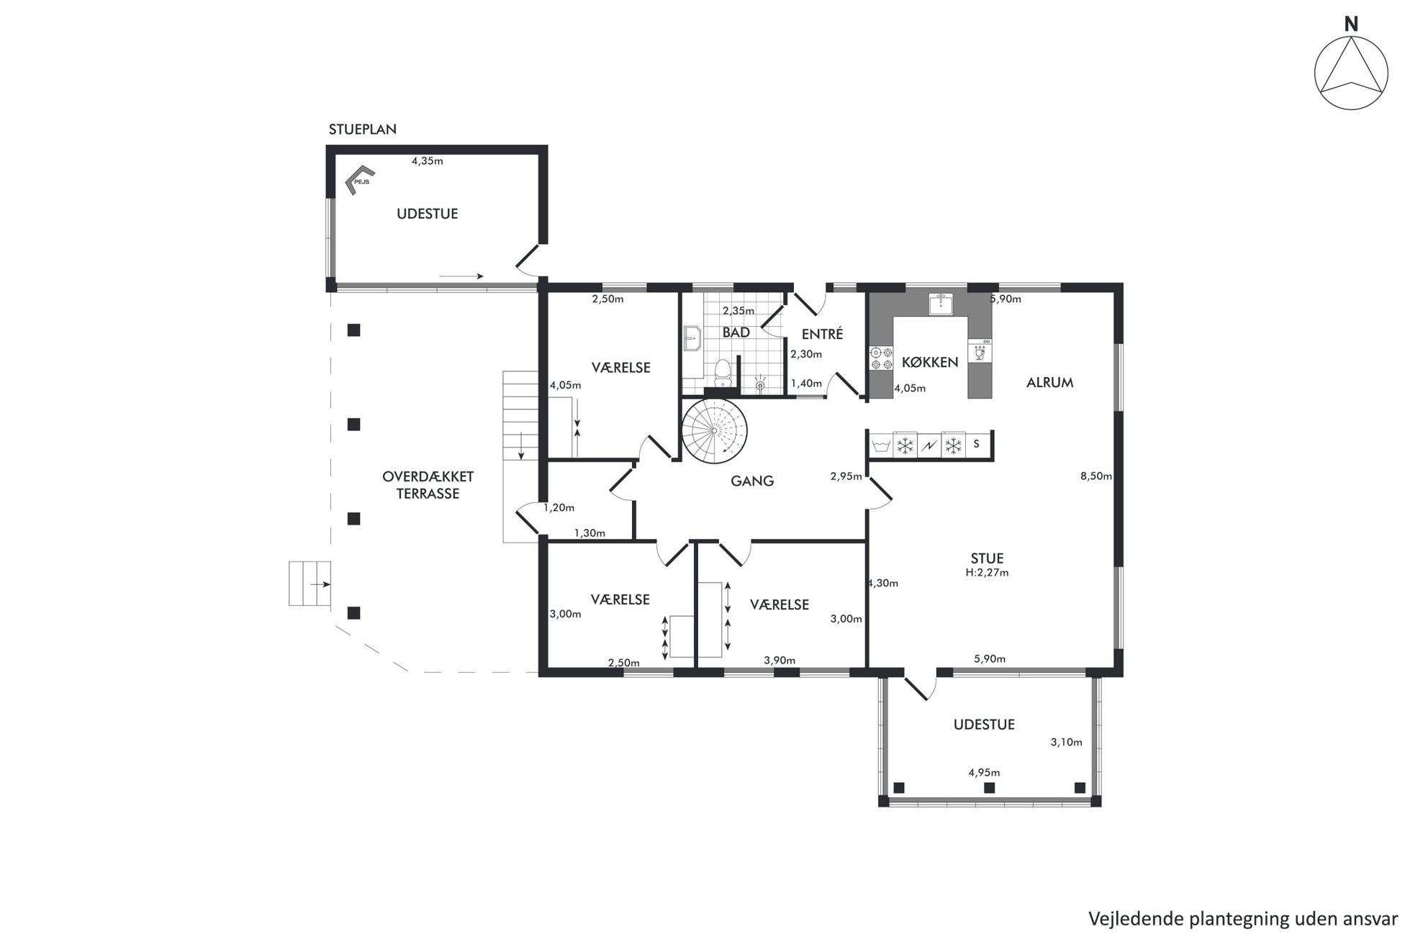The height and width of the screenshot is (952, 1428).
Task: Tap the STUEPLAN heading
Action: (x=363, y=130)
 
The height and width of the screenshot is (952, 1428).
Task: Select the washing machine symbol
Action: (x=881, y=445)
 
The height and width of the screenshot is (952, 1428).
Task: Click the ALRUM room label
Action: (x=1049, y=383)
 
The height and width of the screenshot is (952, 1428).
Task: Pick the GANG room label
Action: (x=752, y=481)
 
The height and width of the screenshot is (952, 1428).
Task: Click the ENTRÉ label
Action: (x=822, y=334)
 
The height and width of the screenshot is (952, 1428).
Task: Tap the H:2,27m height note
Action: (x=987, y=573)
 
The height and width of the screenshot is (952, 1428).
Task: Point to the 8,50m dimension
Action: (x=1096, y=476)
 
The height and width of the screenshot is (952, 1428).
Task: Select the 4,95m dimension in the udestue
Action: (x=984, y=773)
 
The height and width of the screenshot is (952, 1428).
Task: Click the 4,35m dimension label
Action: (x=427, y=161)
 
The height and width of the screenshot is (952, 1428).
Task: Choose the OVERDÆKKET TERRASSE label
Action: (x=428, y=485)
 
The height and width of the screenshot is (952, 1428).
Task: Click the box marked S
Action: (x=977, y=445)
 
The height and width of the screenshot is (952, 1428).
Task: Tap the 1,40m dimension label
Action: (x=806, y=384)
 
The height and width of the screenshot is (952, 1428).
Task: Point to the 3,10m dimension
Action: (x=1066, y=743)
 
